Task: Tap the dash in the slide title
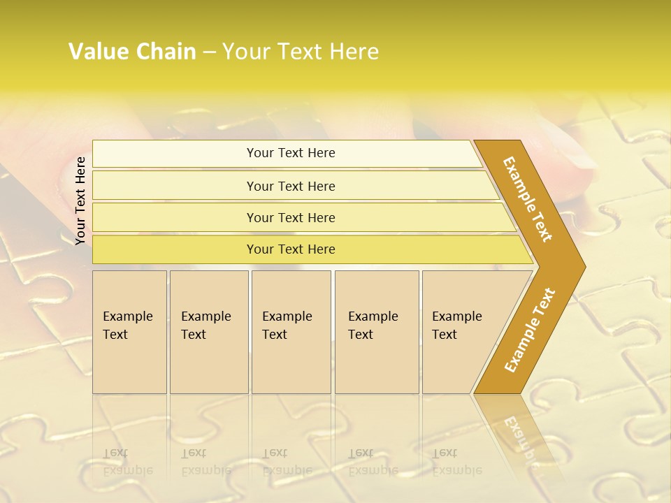(x=209, y=52)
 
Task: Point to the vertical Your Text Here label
(x=80, y=201)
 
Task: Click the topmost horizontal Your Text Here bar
(x=290, y=153)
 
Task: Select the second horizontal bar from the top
(x=290, y=186)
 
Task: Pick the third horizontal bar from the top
(x=290, y=217)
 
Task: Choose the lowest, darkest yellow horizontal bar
(x=290, y=249)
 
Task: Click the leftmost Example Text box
(x=129, y=332)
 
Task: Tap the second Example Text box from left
(x=208, y=332)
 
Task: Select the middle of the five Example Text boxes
(x=291, y=332)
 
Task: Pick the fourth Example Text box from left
(x=376, y=332)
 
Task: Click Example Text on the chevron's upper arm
(x=528, y=199)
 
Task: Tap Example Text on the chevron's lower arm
(x=529, y=330)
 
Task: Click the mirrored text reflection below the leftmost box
(x=128, y=462)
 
